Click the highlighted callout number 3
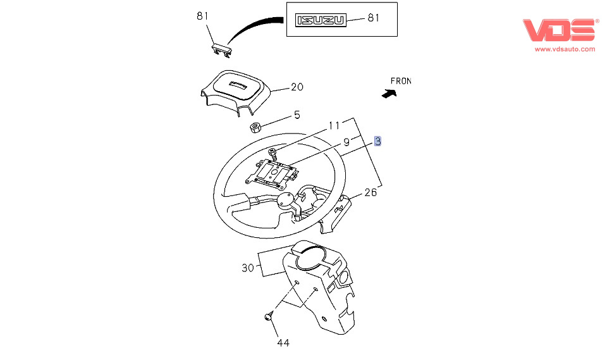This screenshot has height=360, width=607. click(x=377, y=141)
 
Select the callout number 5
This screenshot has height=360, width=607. click(x=297, y=115)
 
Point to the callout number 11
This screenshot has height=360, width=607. click(x=334, y=125)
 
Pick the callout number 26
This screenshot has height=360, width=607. click(x=371, y=192)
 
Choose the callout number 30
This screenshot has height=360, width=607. click(x=247, y=268)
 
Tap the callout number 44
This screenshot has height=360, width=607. click(x=283, y=343)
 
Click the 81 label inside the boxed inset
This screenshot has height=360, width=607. click(x=373, y=18)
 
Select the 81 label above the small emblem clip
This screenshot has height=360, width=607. click(x=202, y=16)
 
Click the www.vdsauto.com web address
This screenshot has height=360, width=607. click(x=565, y=49)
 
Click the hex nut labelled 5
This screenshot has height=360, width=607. click(x=255, y=127)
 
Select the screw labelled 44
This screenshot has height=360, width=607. click(x=269, y=316)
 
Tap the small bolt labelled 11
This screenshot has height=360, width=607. click(x=273, y=152)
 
